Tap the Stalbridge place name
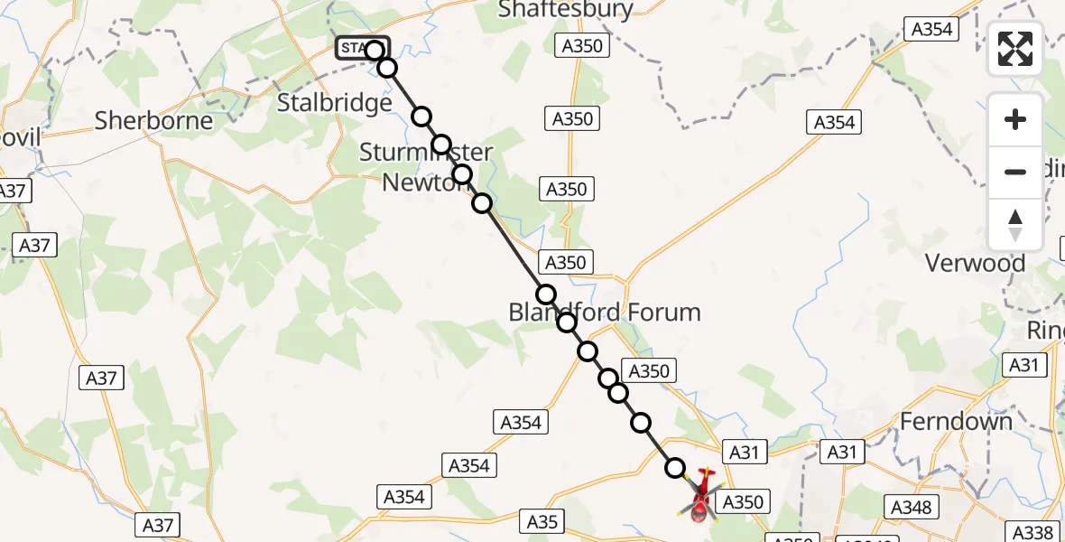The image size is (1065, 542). pos(335,102)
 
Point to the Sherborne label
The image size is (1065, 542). pos(154,120)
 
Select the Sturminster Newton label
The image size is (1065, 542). pos(426,166)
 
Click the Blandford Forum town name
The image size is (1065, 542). pos(605,313)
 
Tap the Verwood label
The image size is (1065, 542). pos(976,264)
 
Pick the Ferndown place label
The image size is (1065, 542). pos(957,421)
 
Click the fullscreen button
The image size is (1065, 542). pos(1015,49)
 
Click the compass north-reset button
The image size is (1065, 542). pos(1015,225)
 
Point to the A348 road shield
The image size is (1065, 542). pos(910,508)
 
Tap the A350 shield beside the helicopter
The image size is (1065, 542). pos(744,502)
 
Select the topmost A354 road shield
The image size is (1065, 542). pos(931,29)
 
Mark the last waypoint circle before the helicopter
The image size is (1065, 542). pos(675,467)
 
